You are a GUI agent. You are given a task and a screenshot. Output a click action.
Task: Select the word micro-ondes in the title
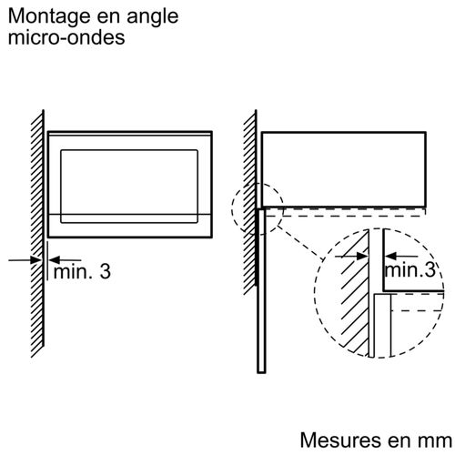pyautogui.click(x=62, y=38)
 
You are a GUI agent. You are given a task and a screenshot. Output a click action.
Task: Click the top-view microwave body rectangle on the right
pyautogui.click(x=346, y=168)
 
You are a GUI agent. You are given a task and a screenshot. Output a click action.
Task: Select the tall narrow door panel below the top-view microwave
pyautogui.click(x=260, y=291)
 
